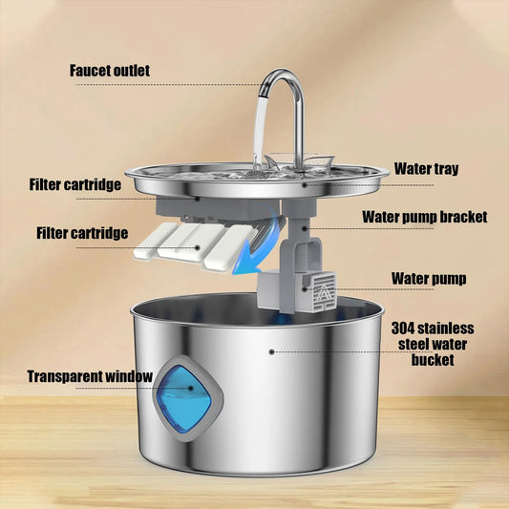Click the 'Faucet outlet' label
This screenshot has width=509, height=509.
[x=110, y=71]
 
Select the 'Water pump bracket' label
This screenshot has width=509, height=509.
[x=425, y=217]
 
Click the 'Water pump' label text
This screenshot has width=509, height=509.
[x=429, y=280]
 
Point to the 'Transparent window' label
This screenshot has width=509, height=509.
[x=90, y=376]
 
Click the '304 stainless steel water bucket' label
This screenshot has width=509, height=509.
[x=434, y=344]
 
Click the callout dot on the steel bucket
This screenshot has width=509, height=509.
[x=272, y=351]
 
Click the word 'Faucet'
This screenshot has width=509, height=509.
[x=92, y=71]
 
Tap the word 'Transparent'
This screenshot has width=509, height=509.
[x=65, y=376]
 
